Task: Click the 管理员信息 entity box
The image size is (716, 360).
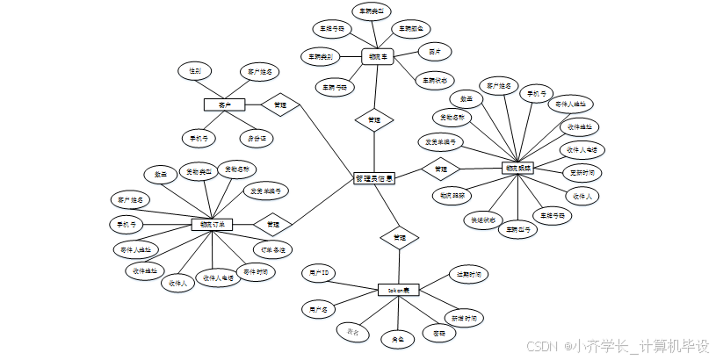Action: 373,178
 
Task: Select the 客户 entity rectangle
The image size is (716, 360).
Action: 224,104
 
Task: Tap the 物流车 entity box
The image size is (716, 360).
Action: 379,57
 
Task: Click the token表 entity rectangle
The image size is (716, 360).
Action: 400,289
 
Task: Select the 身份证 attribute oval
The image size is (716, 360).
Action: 257,138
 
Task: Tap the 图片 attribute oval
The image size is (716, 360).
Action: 434,51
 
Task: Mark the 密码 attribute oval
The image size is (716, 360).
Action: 438,333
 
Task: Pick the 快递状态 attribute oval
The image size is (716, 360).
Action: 482,220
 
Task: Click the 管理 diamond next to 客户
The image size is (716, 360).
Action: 280,104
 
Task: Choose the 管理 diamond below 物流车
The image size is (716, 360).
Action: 373,119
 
